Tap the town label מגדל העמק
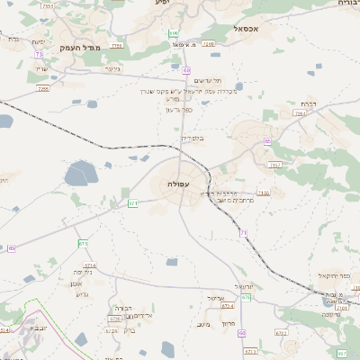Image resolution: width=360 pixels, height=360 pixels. (78, 47)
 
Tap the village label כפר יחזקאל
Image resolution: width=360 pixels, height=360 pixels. (334, 275)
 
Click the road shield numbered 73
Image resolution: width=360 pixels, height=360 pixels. (39, 54)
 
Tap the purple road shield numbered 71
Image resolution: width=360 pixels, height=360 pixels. (243, 233)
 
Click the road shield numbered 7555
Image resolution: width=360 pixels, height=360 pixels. (47, 6)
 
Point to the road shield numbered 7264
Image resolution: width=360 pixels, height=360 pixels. (300, 114)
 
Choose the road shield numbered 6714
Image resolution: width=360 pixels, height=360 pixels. (90, 265)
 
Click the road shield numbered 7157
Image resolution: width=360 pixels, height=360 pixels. (275, 166)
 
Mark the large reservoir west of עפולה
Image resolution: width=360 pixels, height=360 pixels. (81, 173)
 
